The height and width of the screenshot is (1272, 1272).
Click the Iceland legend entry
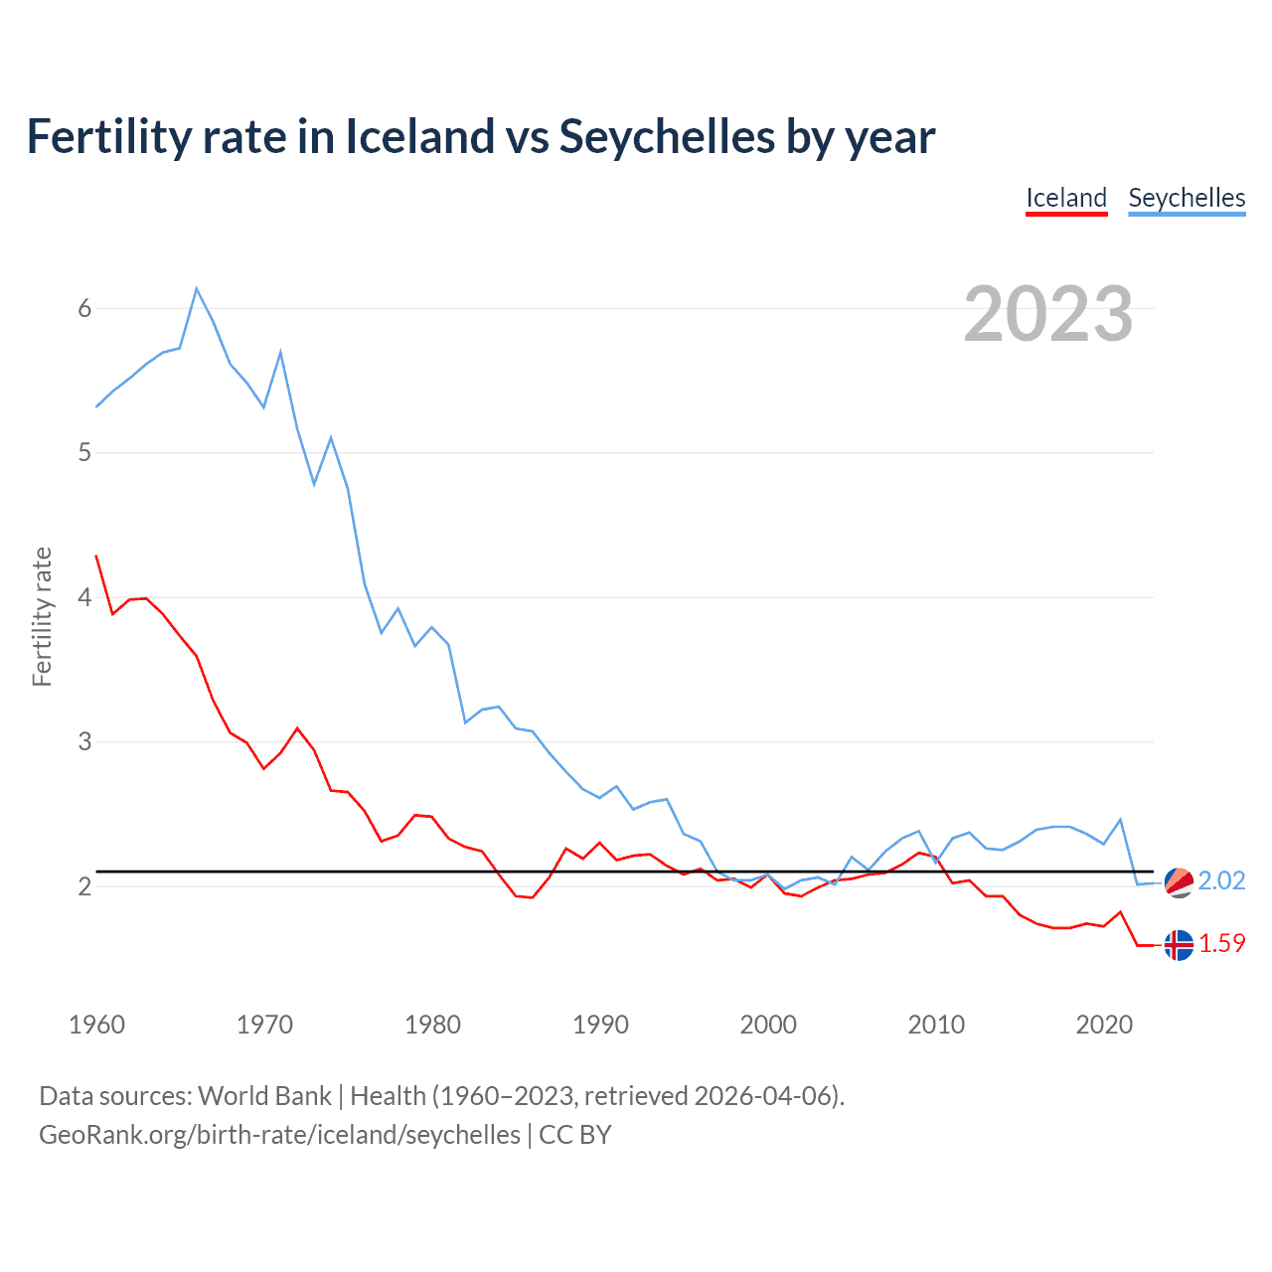(1066, 198)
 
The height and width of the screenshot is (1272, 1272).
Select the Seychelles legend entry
(1187, 198)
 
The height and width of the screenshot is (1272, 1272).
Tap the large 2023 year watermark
(1048, 314)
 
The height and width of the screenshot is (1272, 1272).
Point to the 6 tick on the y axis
(84, 308)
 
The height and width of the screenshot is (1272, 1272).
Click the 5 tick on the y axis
(84, 453)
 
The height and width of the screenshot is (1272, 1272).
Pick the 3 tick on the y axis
(84, 742)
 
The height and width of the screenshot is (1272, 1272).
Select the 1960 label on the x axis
(96, 1025)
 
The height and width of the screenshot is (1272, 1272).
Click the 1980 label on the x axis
(432, 1025)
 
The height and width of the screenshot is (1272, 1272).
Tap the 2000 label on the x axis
(768, 1025)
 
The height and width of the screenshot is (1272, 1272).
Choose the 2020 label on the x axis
(1104, 1025)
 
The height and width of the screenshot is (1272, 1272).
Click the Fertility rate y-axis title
(42, 616)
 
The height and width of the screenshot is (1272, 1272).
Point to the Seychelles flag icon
(1179, 881)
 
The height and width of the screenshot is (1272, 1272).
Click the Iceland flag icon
(1179, 945)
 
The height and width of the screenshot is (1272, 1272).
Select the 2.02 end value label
(1221, 881)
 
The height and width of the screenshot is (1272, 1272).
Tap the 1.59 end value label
(1221, 944)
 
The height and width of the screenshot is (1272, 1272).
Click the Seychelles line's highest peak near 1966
(197, 288)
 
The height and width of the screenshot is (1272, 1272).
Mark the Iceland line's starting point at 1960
(96, 556)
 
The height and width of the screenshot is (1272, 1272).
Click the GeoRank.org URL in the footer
(279, 1135)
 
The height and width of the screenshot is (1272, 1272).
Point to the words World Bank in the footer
(264, 1096)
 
